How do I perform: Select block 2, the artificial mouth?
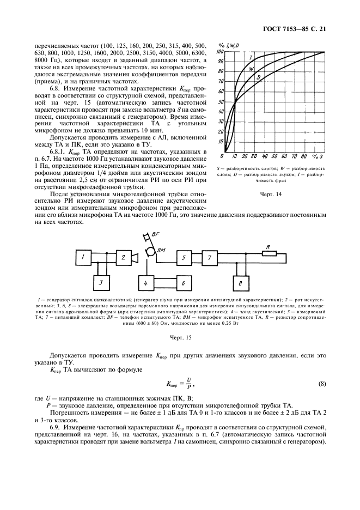pos(125,256)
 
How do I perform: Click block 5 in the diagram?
pos(185,256)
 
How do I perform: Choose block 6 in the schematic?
pos(184,283)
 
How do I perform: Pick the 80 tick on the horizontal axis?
pos(308,157)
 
